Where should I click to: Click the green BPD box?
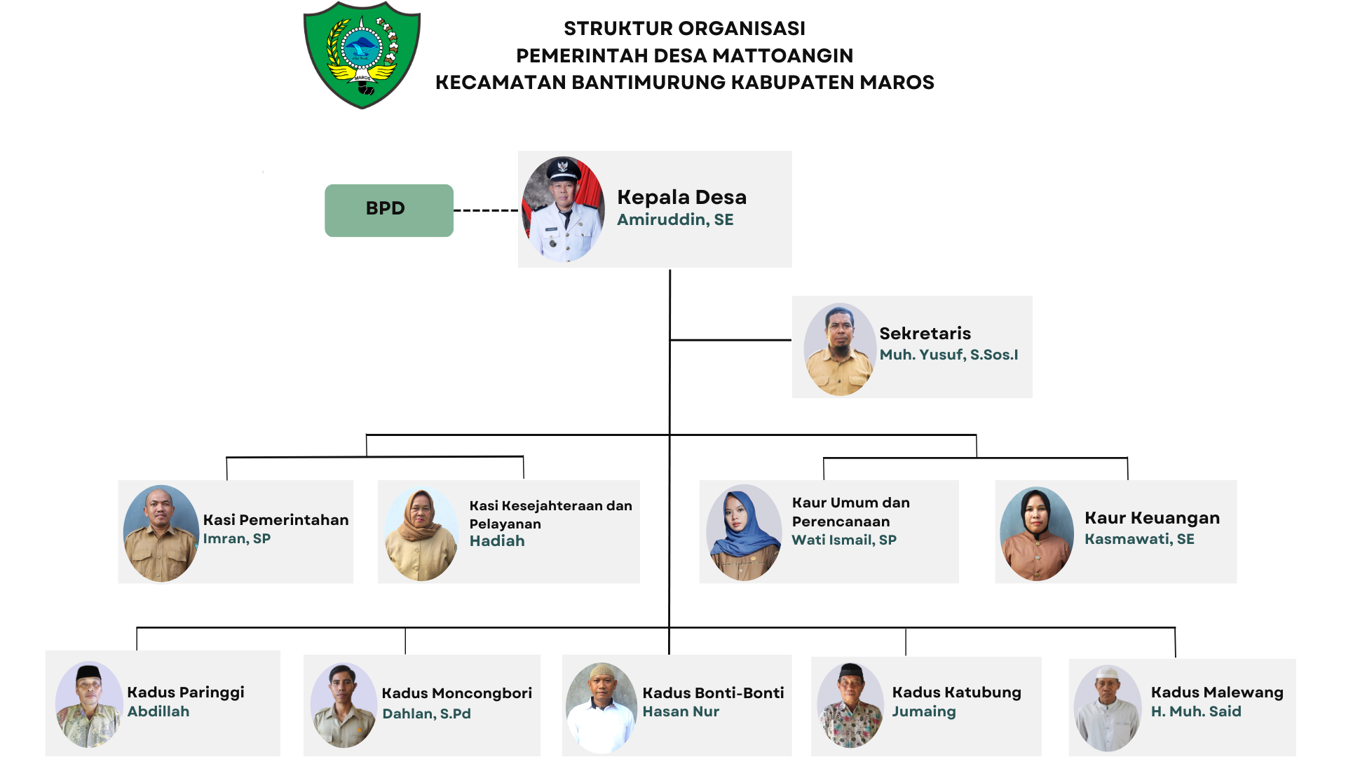389,210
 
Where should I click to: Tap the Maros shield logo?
362,55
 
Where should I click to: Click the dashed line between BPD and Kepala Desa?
486,210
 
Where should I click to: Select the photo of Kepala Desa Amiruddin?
563,209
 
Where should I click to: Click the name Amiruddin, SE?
675,219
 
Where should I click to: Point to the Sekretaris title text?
925,334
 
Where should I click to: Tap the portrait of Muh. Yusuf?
839,349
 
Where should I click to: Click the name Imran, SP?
236,538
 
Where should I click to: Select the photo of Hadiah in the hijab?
421,534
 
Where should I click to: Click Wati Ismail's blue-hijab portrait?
744,533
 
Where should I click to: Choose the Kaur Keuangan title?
1152,518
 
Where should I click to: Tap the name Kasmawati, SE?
1139,539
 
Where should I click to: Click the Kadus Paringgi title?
186,693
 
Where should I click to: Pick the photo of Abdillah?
89,704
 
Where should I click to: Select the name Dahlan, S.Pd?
426,714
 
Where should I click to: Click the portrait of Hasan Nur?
601,708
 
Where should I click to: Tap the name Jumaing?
923,711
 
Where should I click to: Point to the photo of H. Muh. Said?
1108,708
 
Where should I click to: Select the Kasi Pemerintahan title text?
276,520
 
